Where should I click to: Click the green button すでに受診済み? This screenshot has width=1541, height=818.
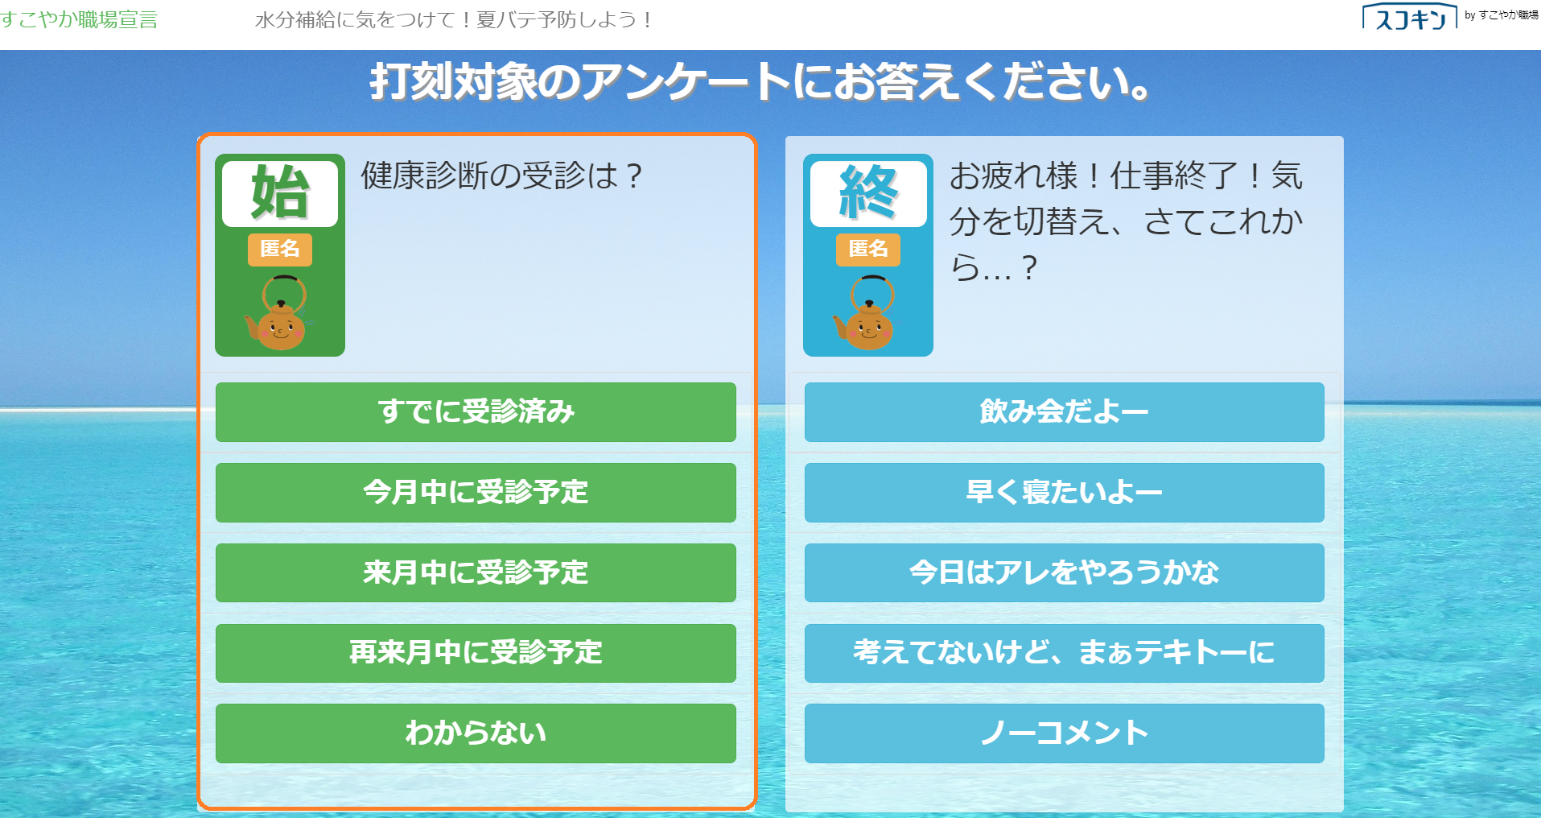(x=476, y=412)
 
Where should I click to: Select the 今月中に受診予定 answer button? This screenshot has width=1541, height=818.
(x=476, y=493)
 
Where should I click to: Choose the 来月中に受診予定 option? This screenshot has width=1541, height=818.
(x=476, y=572)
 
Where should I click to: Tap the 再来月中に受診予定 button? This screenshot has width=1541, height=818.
(x=476, y=653)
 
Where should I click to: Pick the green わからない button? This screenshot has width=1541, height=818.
(x=476, y=733)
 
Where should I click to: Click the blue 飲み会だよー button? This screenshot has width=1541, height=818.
(x=1064, y=412)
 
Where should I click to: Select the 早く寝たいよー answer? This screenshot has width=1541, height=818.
(x=1064, y=493)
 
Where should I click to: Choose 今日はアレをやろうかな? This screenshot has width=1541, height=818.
(x=1064, y=572)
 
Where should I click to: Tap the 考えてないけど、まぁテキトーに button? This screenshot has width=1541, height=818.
(x=1064, y=653)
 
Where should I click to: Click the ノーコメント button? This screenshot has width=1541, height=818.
(x=1064, y=733)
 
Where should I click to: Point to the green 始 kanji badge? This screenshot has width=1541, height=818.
(x=280, y=193)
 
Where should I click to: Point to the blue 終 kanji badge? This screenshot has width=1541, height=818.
(x=868, y=193)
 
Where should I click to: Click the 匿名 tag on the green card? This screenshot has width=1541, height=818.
(x=280, y=250)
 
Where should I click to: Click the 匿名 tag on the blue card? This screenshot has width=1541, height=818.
(x=868, y=250)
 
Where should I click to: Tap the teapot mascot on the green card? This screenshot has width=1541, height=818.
(x=278, y=313)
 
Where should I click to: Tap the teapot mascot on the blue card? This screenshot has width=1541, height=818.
(x=866, y=313)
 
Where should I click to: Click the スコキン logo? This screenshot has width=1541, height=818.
(x=1410, y=17)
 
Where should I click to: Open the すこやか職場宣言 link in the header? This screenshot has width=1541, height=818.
(x=79, y=19)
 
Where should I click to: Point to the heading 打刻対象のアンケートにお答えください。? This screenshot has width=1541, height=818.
(x=760, y=82)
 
